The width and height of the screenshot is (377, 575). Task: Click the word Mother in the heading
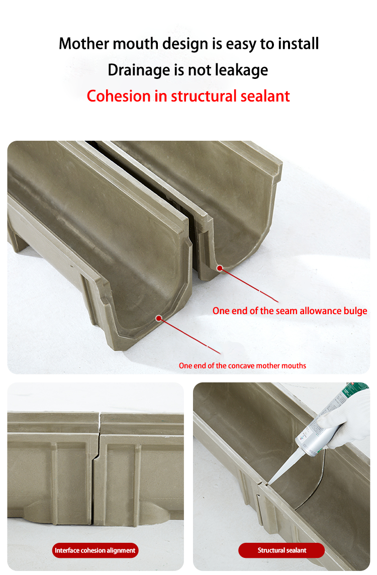pos(84,44)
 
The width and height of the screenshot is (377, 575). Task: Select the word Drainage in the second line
pos(139,70)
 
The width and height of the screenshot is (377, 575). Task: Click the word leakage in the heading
pos(241,70)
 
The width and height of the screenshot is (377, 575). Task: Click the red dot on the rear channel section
pos(220,268)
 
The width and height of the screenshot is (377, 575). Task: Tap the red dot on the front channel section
pos(159,318)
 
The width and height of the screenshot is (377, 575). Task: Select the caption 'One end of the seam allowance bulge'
pos(290,311)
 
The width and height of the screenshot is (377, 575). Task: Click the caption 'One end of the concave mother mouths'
pos(242,366)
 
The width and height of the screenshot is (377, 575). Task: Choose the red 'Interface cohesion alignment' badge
pos(95,550)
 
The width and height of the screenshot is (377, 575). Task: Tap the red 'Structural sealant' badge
pos(281,550)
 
